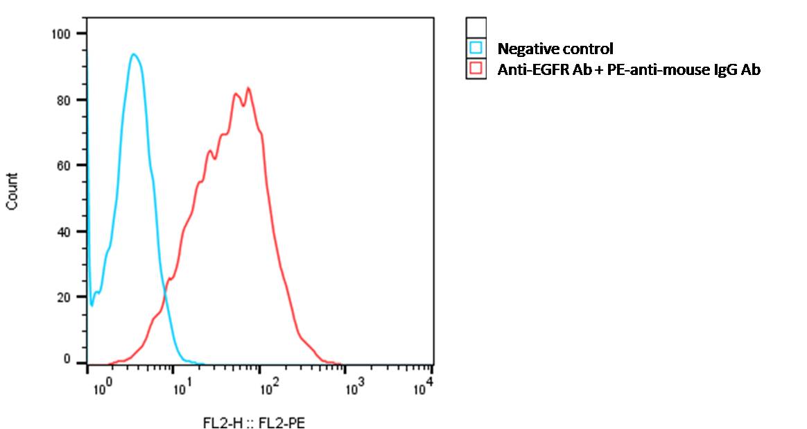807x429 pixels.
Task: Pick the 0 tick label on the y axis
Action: [67, 360]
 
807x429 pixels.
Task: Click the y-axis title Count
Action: [12, 191]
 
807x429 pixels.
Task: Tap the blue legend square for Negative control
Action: [476, 49]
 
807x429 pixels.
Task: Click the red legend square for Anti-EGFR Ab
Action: [476, 69]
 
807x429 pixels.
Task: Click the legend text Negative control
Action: [555, 49]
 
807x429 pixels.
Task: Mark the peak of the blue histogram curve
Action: [133, 54]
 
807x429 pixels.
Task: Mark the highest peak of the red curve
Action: [248, 88]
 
